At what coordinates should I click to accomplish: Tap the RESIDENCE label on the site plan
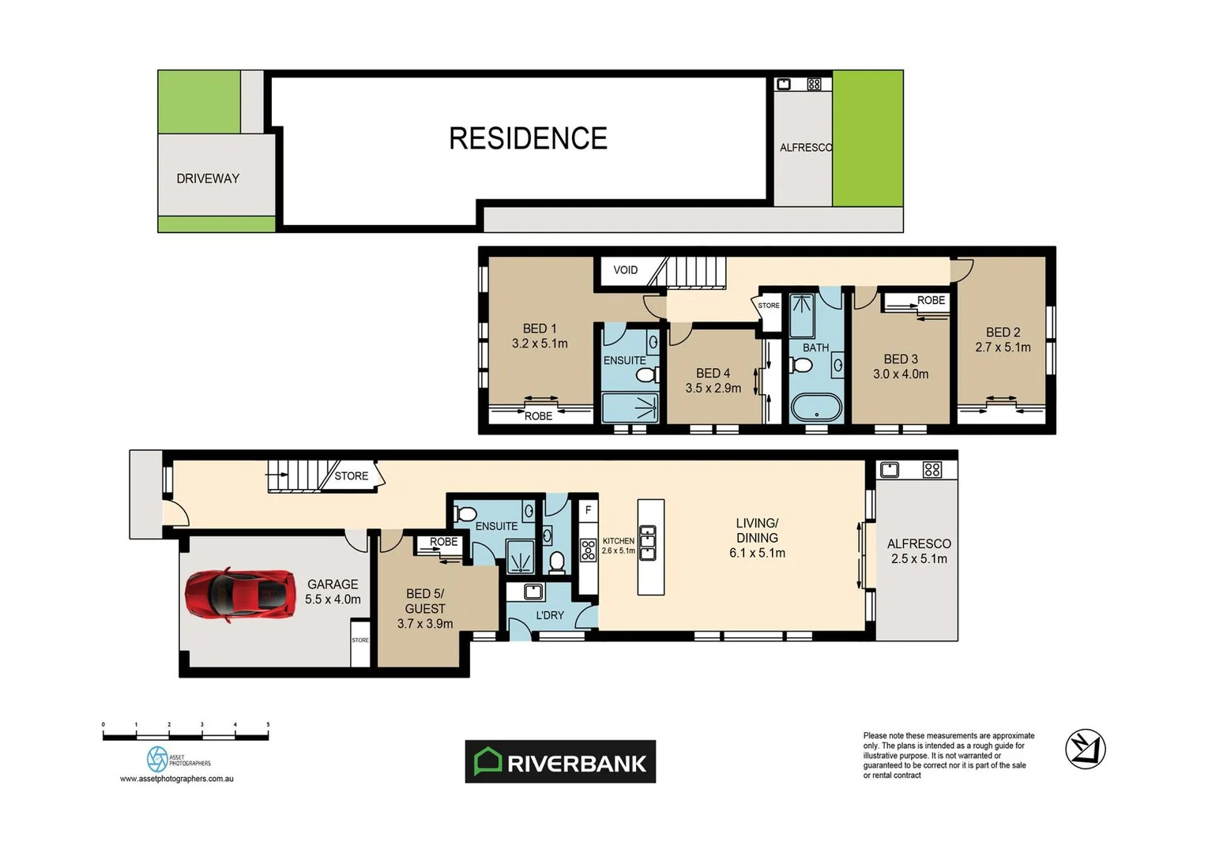528,138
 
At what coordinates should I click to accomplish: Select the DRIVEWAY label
208,178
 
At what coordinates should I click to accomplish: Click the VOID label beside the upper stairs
625,270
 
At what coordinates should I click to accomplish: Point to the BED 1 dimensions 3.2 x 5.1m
540,344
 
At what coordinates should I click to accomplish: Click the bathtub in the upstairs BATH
816,408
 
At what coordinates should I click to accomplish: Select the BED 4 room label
713,374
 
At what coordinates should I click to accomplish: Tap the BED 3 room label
901,359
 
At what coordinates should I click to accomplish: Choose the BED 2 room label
1003,333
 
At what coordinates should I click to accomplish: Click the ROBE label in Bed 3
931,300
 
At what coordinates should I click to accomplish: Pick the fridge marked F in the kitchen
588,511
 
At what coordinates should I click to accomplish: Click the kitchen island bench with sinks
650,547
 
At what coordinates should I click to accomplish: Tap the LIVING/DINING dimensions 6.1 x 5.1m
757,553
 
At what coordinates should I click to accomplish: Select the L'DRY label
550,615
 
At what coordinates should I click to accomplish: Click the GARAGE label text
333,584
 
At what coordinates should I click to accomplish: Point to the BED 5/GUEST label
425,601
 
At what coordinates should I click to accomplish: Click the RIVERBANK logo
560,762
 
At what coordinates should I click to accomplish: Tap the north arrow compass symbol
1085,749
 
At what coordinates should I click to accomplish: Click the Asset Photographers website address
176,779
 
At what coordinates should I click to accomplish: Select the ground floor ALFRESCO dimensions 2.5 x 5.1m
919,558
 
